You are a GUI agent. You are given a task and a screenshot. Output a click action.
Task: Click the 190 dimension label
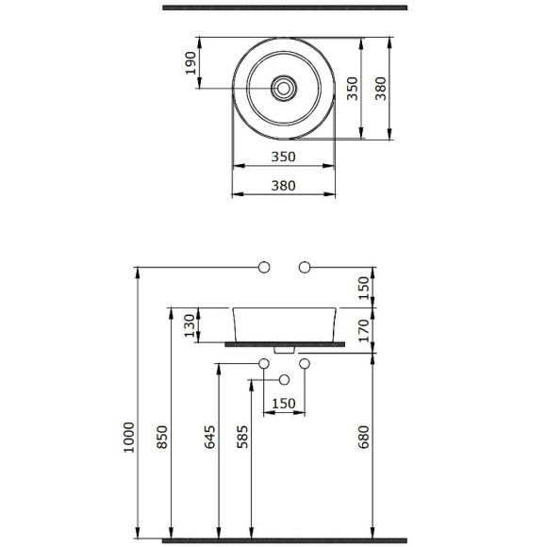click(x=190, y=63)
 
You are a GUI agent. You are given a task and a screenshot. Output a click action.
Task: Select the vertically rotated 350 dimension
click(x=353, y=89)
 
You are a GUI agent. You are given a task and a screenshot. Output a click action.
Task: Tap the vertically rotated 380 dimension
click(x=381, y=89)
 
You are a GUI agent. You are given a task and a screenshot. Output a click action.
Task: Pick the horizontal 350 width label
click(x=283, y=157)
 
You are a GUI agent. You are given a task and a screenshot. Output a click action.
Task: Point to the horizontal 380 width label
click(x=283, y=186)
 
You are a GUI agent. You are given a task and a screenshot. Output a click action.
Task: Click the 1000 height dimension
click(x=129, y=438)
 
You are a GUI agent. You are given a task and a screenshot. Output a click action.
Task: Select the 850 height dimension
click(x=162, y=437)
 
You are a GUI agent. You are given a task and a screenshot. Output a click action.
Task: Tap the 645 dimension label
click(x=209, y=437)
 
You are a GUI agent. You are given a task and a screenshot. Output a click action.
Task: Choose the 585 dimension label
click(x=242, y=437)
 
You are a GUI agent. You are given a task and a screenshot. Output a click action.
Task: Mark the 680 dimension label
click(x=363, y=437)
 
